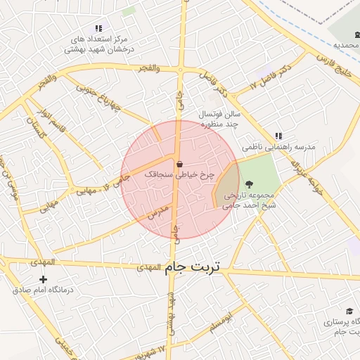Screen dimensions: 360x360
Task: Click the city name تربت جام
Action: pos(192,267)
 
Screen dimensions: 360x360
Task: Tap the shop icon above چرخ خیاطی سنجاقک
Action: pos(179,164)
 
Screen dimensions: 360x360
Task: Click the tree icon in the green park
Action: pos(249,184)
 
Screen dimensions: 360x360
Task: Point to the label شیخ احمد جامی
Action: pos(246,205)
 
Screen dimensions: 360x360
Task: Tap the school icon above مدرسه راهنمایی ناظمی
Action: pos(278,136)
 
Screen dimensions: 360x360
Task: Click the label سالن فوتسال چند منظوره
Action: pos(221,118)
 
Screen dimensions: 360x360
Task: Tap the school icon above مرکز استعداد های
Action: pos(98,28)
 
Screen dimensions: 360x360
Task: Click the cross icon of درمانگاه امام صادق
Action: pos(44,279)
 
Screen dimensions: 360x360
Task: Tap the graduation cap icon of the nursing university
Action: pos(349,311)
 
